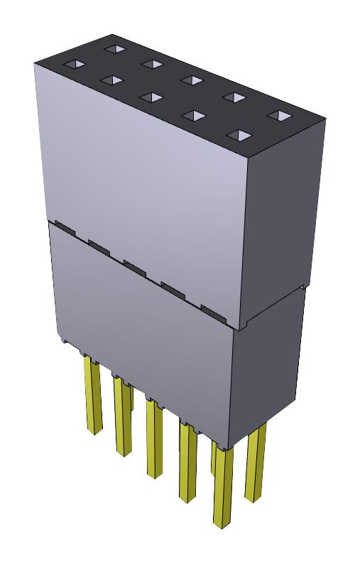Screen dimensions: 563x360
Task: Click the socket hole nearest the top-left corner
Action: pos(74,65)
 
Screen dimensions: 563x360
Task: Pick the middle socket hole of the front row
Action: pos(150,96)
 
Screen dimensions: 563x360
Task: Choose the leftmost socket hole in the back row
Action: pos(113,50)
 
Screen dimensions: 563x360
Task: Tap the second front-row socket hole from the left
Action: pos(110,80)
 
